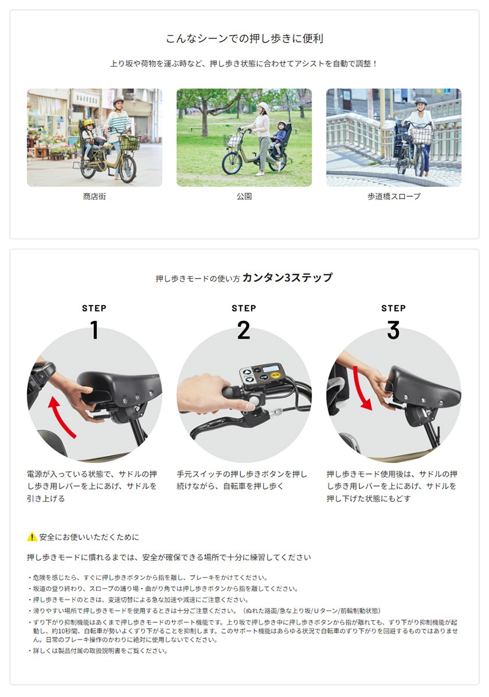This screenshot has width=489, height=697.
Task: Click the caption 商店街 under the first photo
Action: pos(94,197)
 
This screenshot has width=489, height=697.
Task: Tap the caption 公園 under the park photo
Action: pos(244,197)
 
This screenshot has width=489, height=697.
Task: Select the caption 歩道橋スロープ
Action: pos(394,197)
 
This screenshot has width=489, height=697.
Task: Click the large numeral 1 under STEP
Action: pos(94,331)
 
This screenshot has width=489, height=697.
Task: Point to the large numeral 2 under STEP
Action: pos(244,331)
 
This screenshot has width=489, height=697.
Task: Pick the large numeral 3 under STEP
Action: pos(394,331)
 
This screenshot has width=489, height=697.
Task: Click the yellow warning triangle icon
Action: pos(32,536)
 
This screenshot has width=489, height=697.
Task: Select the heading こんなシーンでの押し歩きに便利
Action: pos(244,39)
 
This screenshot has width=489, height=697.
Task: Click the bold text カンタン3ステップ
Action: pos(287,278)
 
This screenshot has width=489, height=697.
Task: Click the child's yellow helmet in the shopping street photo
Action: pos(88,123)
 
